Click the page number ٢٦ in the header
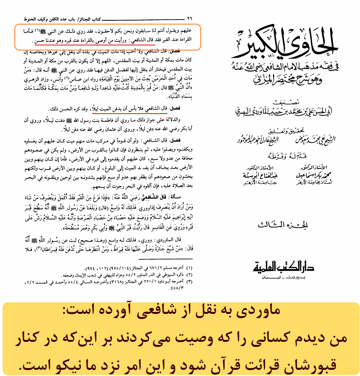pos(190,19)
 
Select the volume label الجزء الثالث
pos(282,225)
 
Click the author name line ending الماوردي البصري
pos(284,111)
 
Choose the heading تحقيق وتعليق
pos(286,130)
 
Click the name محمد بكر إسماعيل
pos(313,175)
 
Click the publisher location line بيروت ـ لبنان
pos(283,277)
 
